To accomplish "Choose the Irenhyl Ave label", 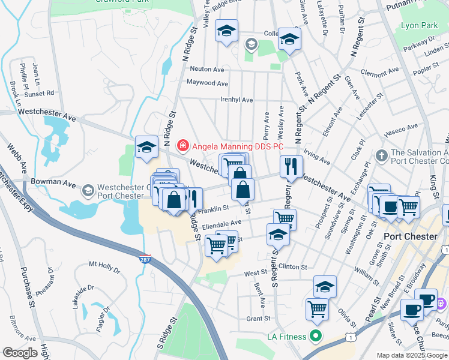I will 237,100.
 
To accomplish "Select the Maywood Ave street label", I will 208,83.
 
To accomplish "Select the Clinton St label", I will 293,267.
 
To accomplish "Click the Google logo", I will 20,353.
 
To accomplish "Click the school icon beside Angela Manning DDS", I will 146,147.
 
